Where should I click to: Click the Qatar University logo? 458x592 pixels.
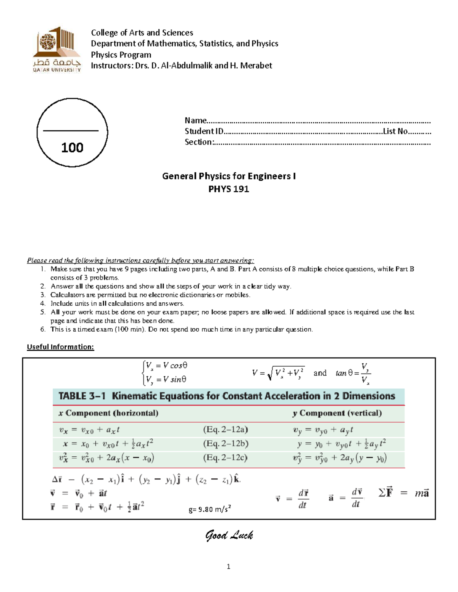pyautogui.click(x=57, y=50)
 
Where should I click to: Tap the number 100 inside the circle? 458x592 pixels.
pyautogui.click(x=72, y=148)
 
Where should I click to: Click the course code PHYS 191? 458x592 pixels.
pyautogui.click(x=229, y=189)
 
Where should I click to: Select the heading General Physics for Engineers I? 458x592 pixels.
pyautogui.click(x=229, y=176)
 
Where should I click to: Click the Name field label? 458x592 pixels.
pyautogui.click(x=195, y=120)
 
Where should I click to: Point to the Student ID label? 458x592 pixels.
pyautogui.click(x=204, y=132)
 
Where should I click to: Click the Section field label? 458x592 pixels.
pyautogui.click(x=199, y=142)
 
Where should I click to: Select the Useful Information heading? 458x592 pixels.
pyautogui.click(x=60, y=347)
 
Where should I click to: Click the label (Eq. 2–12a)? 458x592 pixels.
pyautogui.click(x=225, y=430)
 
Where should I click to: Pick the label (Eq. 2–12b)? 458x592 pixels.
pyautogui.click(x=226, y=444)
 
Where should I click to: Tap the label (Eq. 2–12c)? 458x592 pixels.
pyautogui.click(x=225, y=457)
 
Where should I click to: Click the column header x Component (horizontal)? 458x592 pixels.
pyautogui.click(x=108, y=413)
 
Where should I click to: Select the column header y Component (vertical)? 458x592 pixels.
pyautogui.click(x=337, y=413)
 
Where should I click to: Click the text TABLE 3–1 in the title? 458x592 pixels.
pyautogui.click(x=82, y=396)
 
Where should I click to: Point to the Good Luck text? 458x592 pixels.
pyautogui.click(x=229, y=536)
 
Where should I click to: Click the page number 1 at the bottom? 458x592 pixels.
pyautogui.click(x=228, y=567)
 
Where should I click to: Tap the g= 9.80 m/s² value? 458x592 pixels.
pyautogui.click(x=210, y=509)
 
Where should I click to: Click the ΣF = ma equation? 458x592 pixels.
pyautogui.click(x=403, y=493)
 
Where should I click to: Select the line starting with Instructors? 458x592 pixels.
pyautogui.click(x=181, y=66)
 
